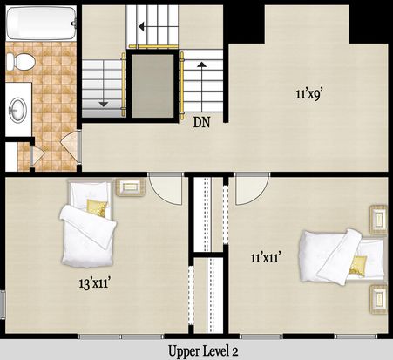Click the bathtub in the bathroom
coord(41,24)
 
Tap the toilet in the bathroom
coord(21,61)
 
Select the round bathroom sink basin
coord(17,110)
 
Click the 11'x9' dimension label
coord(308,94)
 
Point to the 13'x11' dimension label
coord(95,282)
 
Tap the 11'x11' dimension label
coord(267,257)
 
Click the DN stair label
coord(201,123)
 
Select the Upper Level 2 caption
coord(203,351)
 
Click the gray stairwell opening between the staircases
coord(152,85)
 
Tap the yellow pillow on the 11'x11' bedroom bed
coord(357,265)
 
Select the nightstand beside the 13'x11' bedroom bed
coord(131,187)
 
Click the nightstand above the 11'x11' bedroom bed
coord(378,220)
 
